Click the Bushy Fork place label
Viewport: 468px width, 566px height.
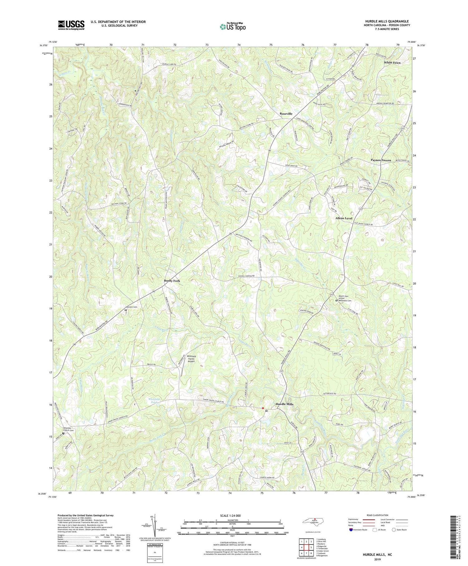point(172,281)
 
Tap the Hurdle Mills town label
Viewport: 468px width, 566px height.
point(284,404)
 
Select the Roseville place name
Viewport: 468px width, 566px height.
point(286,114)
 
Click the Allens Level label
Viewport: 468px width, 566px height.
point(344,218)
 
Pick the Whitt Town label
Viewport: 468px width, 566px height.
point(392,62)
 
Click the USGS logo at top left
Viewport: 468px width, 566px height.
point(71,25)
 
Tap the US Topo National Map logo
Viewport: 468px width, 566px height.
point(232,27)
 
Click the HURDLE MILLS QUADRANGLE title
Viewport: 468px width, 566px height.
point(388,21)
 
